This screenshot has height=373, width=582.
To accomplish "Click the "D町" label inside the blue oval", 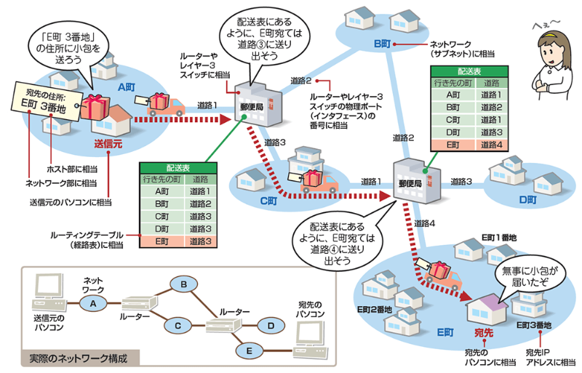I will point(527,199).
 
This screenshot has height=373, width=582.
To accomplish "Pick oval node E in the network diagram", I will point(249,351).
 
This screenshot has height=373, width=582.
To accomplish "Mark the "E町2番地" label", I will point(374,309).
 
